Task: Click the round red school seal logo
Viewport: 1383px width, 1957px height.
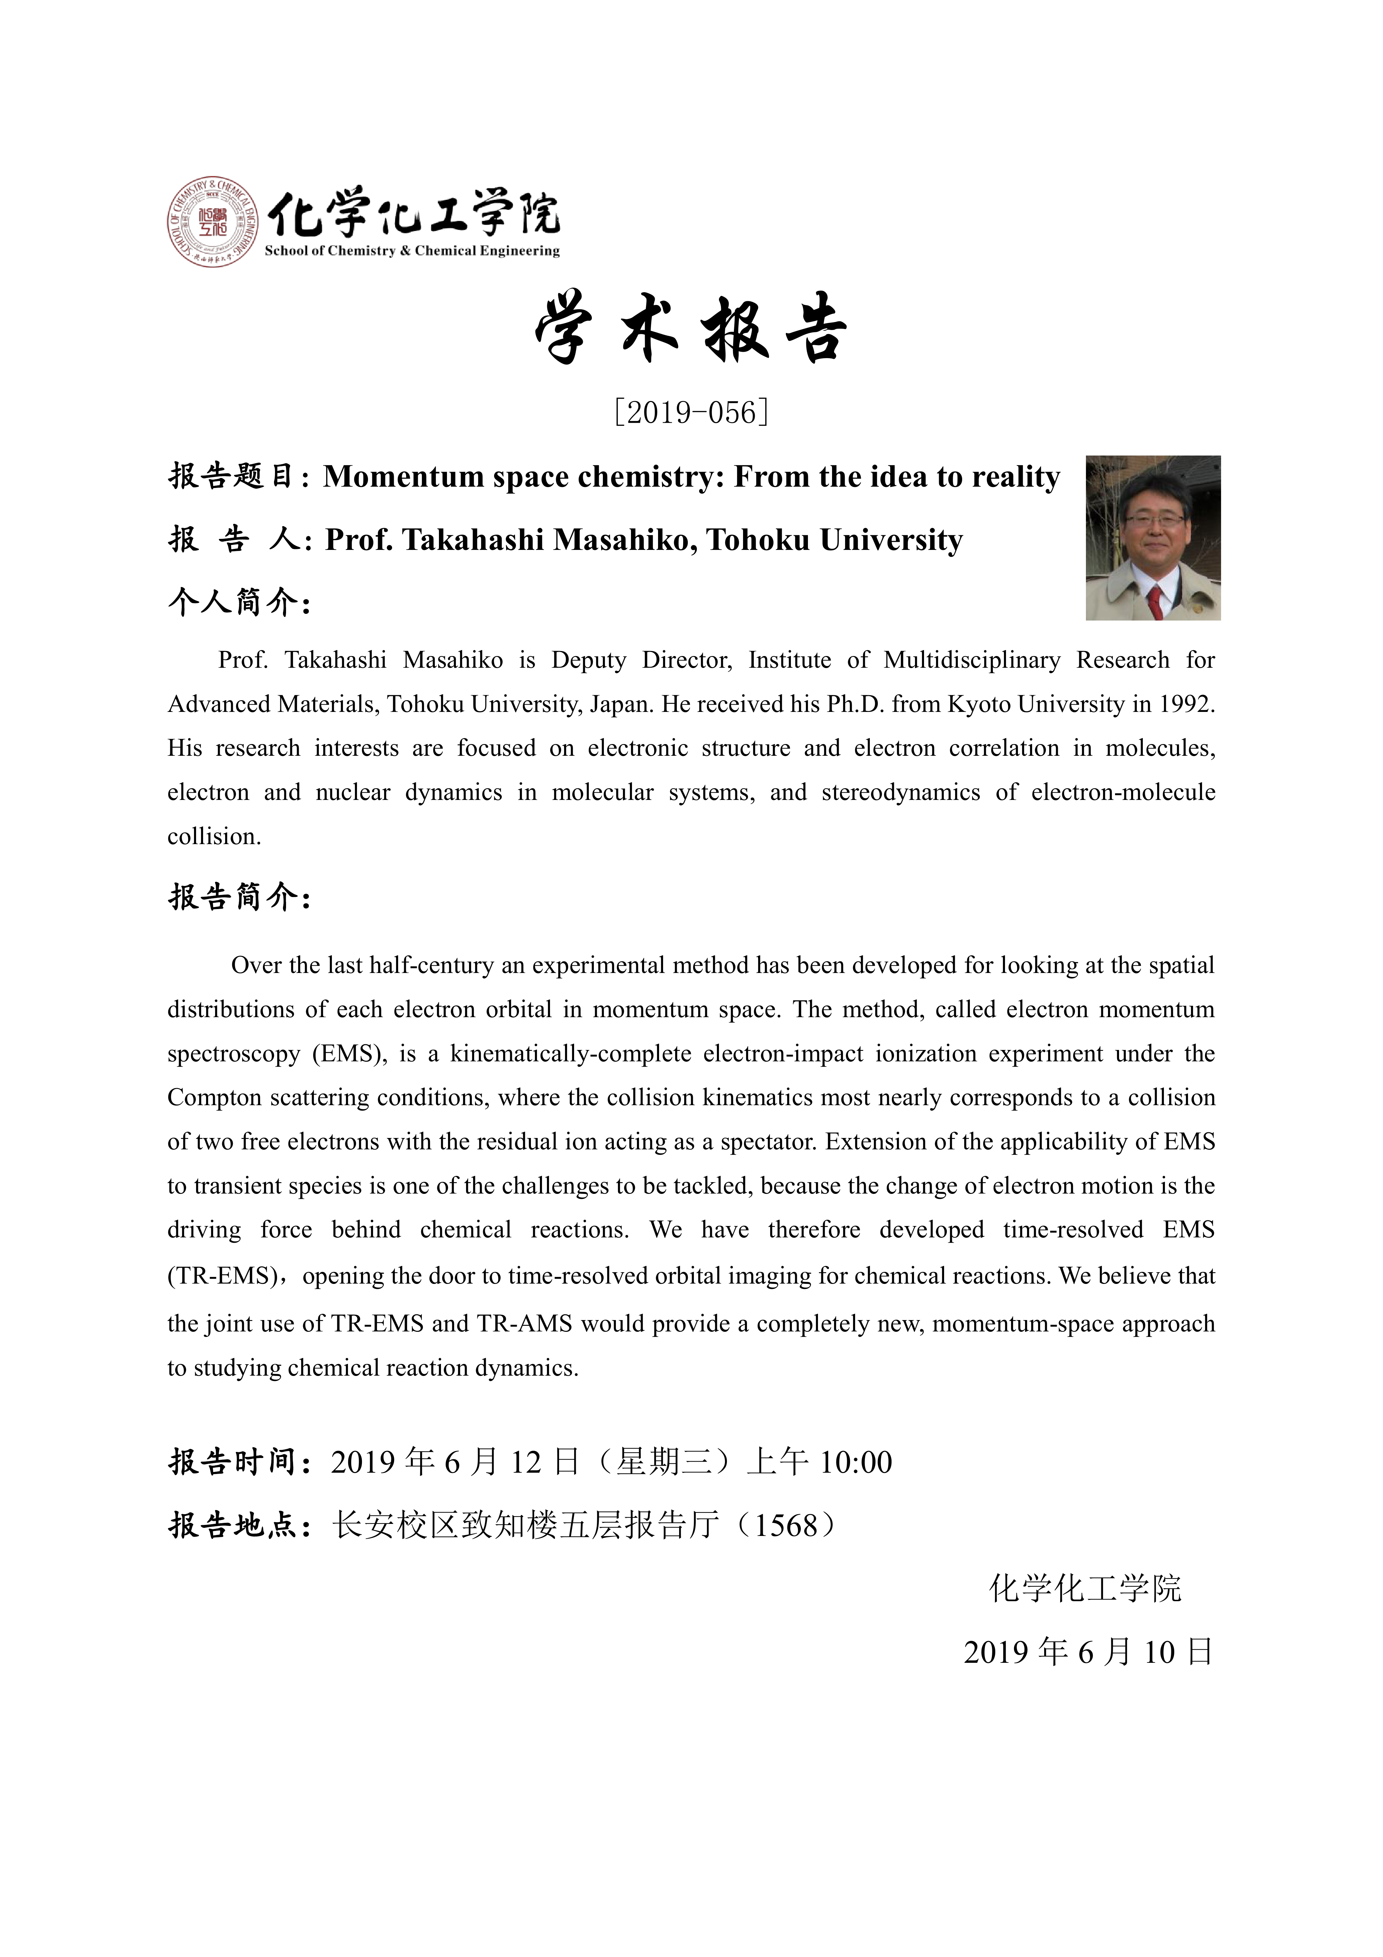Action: [212, 222]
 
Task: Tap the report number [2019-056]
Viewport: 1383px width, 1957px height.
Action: [691, 413]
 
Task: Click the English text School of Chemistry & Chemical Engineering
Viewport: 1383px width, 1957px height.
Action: [412, 251]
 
